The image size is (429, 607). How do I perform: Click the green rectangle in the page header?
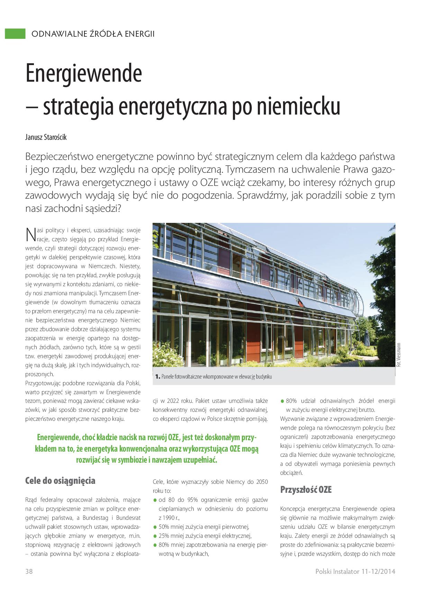click(15, 34)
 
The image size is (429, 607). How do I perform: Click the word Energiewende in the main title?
click(84, 73)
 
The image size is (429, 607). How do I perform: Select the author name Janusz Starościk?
click(46, 137)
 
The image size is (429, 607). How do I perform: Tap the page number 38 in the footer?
click(29, 571)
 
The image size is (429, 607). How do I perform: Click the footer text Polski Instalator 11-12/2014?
click(355, 571)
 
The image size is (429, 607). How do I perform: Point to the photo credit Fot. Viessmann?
click(399, 355)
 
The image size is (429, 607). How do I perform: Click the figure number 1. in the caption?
click(157, 377)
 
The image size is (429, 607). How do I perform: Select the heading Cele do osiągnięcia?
click(60, 480)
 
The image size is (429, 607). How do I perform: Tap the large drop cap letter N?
click(30, 234)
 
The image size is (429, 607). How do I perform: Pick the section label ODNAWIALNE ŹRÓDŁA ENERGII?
click(93, 34)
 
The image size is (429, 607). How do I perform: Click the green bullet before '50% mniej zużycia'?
click(155, 527)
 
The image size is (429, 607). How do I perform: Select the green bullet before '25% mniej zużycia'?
click(155, 536)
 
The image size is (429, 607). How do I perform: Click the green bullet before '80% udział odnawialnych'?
click(282, 401)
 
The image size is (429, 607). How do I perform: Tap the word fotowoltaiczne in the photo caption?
click(194, 377)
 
